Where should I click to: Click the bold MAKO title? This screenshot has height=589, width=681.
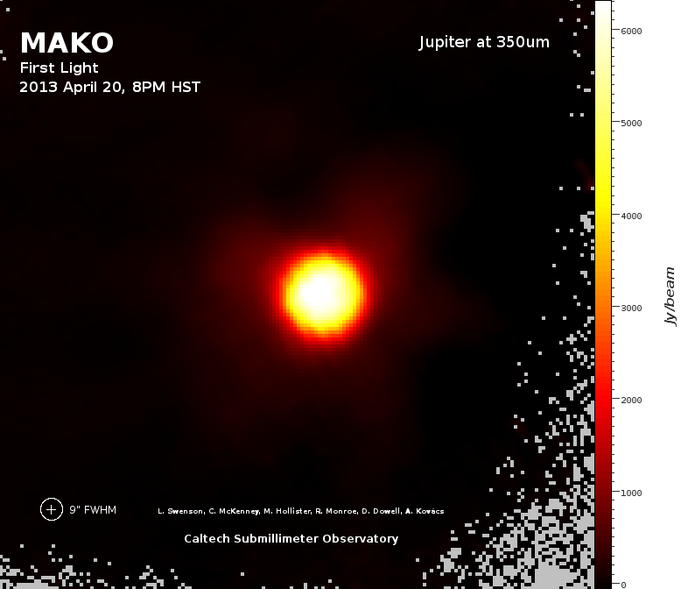click(x=67, y=43)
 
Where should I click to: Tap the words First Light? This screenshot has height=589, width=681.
click(x=59, y=67)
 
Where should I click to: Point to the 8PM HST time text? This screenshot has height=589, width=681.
click(x=166, y=87)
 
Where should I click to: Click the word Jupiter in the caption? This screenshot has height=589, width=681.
click(x=445, y=43)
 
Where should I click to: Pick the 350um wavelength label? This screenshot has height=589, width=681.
click(x=523, y=42)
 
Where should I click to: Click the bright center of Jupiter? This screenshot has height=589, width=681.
click(x=320, y=293)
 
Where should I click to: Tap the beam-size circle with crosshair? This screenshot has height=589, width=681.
click(x=52, y=509)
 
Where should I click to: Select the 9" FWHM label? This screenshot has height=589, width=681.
click(x=93, y=509)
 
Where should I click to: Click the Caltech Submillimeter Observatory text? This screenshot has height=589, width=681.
click(x=291, y=538)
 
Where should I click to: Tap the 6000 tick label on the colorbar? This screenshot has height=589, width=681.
click(x=631, y=31)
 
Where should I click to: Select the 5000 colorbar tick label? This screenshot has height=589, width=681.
click(x=631, y=123)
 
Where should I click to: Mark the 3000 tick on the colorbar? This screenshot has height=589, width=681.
click(x=631, y=308)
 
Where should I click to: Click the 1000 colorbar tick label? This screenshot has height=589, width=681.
click(x=631, y=493)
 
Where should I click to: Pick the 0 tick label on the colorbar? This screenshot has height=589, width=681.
click(x=624, y=585)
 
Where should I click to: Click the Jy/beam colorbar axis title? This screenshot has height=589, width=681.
click(x=670, y=296)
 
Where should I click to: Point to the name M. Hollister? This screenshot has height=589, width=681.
click(x=287, y=511)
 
